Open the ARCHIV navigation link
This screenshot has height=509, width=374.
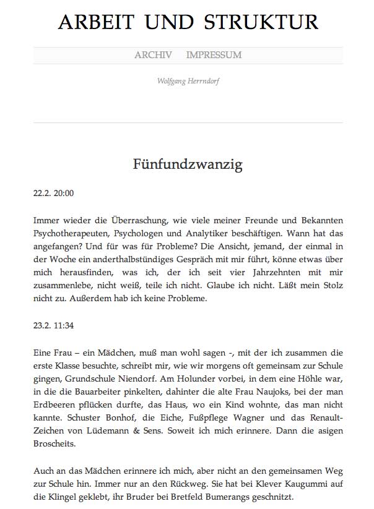[153, 55]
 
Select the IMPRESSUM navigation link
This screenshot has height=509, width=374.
[214, 55]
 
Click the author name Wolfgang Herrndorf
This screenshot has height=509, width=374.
[188, 81]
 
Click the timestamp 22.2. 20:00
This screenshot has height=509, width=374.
[53, 193]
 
